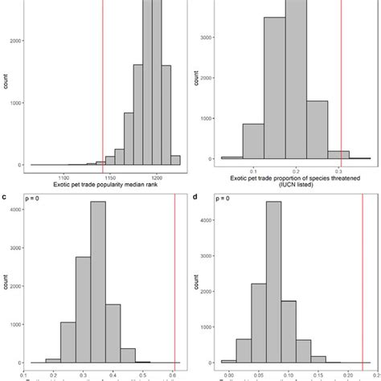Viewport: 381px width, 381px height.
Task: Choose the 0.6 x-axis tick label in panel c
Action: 174,374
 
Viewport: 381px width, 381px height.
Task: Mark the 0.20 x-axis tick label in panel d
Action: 347,374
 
